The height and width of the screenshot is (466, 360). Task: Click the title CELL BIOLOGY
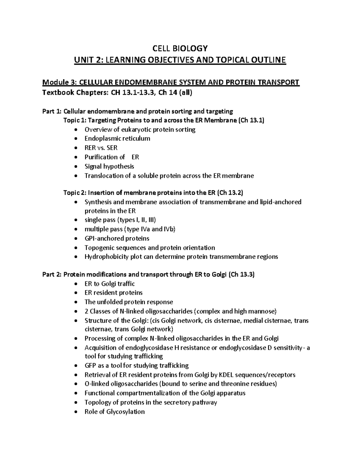pyautogui.click(x=180, y=48)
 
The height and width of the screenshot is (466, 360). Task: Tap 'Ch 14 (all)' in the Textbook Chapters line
pyautogui.click(x=175, y=93)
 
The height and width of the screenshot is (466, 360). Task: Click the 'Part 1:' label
pyautogui.click(x=52, y=112)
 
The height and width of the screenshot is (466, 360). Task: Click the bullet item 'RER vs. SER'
pyautogui.click(x=101, y=148)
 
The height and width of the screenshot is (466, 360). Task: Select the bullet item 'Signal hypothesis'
pyautogui.click(x=109, y=166)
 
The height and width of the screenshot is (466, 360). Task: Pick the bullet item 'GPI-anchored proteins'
pyautogui.click(x=117, y=239)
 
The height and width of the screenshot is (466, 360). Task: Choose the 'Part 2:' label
pyautogui.click(x=52, y=275)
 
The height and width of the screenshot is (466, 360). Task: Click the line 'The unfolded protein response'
pyautogui.click(x=128, y=302)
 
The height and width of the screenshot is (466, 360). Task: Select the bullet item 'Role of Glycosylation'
pyautogui.click(x=114, y=412)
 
